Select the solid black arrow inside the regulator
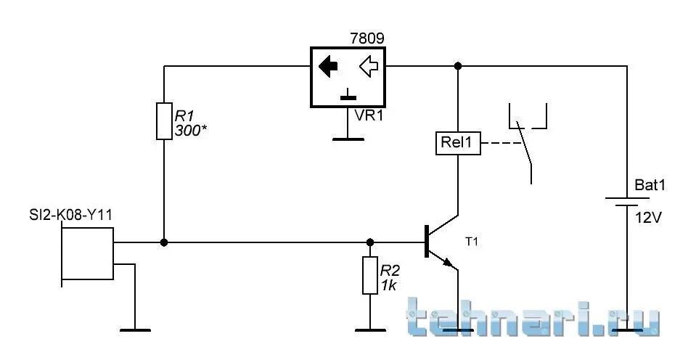[x=329, y=67]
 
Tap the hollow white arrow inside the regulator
[x=369, y=67]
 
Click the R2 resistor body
[x=370, y=275]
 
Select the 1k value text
[x=389, y=286]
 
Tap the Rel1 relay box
[x=458, y=143]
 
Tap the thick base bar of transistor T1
[x=425, y=242]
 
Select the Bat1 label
[x=650, y=186]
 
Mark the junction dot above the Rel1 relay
[x=458, y=66]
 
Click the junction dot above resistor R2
[x=370, y=242]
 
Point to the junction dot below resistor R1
[x=164, y=242]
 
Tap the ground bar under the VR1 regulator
[x=349, y=137]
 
